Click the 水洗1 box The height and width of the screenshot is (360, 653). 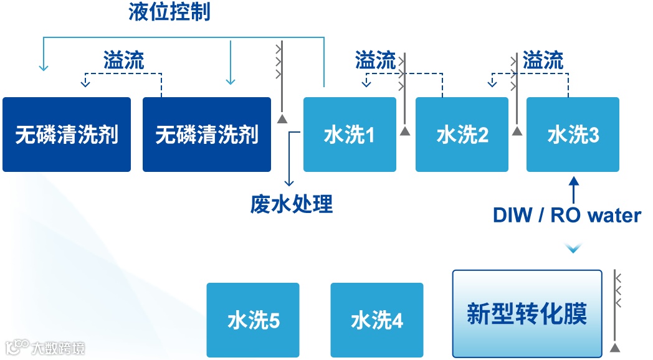pyautogui.click(x=350, y=135)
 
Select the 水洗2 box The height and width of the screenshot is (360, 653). pyautogui.click(x=462, y=135)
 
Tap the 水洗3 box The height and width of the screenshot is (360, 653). pyautogui.click(x=573, y=135)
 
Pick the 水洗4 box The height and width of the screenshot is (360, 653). pyautogui.click(x=376, y=320)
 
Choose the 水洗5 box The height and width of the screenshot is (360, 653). pyautogui.click(x=253, y=320)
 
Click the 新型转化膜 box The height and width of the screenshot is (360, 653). pyautogui.click(x=527, y=313)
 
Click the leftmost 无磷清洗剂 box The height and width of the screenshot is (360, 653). pyautogui.click(x=67, y=135)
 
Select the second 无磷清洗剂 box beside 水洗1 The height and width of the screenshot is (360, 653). pyautogui.click(x=207, y=135)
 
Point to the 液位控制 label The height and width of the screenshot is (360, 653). pyautogui.click(x=169, y=12)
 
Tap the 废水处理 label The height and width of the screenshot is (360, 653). pyautogui.click(x=292, y=204)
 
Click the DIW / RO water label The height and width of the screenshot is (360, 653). pyautogui.click(x=567, y=216)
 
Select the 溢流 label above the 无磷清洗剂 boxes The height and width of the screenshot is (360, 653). pyautogui.click(x=123, y=60)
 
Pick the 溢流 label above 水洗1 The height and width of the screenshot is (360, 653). pyautogui.click(x=375, y=60)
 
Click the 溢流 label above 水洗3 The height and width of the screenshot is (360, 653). pyautogui.click(x=543, y=60)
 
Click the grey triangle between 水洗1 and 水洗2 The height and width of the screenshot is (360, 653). pyautogui.click(x=405, y=131)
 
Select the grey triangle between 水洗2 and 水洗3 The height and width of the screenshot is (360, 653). pyautogui.click(x=517, y=131)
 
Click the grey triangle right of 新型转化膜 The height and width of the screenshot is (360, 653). pyautogui.click(x=615, y=347)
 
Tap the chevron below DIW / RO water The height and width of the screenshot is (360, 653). pyautogui.click(x=573, y=249)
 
